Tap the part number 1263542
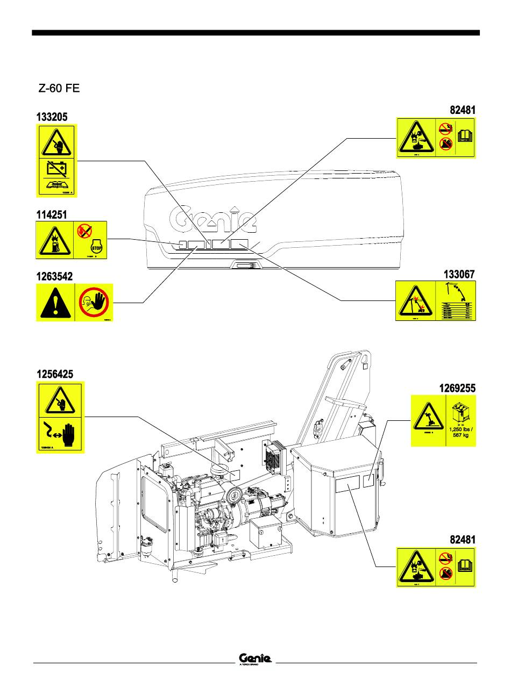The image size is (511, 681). [54, 276]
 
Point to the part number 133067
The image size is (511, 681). [459, 275]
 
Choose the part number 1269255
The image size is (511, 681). [456, 388]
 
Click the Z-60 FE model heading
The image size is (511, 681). [59, 89]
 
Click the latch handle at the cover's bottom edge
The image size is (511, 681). [245, 264]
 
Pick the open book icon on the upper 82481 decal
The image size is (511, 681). [464, 136]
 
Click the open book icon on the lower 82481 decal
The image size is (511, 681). [464, 565]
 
